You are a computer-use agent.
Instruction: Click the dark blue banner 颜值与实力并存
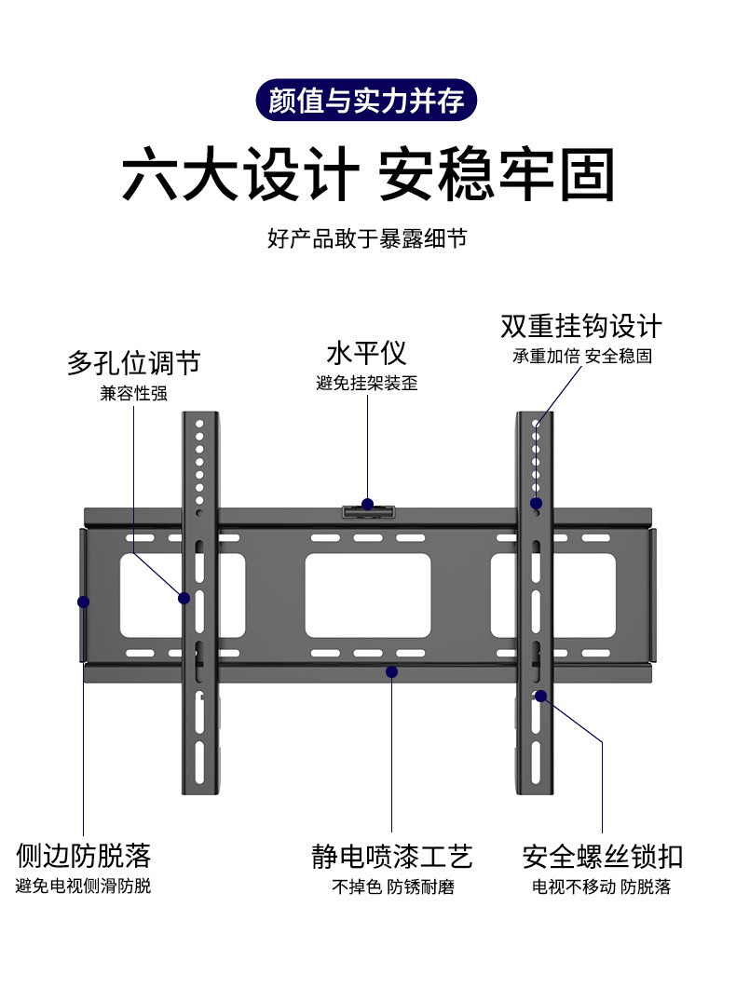[366, 100]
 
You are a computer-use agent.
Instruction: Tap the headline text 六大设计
[240, 174]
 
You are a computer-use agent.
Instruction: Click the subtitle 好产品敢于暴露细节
[366, 238]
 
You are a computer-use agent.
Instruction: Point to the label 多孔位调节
[133, 362]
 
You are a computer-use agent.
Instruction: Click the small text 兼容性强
[133, 393]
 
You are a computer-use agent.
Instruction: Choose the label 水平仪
[366, 353]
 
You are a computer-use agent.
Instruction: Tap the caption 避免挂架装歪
[366, 383]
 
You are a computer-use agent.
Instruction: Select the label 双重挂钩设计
[580, 326]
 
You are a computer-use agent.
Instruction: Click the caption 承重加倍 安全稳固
[580, 357]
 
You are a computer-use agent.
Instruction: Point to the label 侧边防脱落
[83, 855]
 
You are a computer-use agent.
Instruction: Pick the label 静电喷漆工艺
[392, 856]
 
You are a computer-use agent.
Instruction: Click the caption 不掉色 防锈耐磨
[392, 886]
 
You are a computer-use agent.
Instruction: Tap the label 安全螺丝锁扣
[602, 856]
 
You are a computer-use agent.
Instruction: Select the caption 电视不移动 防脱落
[602, 886]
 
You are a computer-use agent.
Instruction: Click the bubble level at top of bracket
[369, 512]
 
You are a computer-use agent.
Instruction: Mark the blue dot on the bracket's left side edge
[83, 602]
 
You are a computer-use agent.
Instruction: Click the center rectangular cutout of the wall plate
[368, 597]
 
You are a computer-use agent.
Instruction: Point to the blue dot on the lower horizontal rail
[392, 671]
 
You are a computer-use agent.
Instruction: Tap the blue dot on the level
[367, 505]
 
